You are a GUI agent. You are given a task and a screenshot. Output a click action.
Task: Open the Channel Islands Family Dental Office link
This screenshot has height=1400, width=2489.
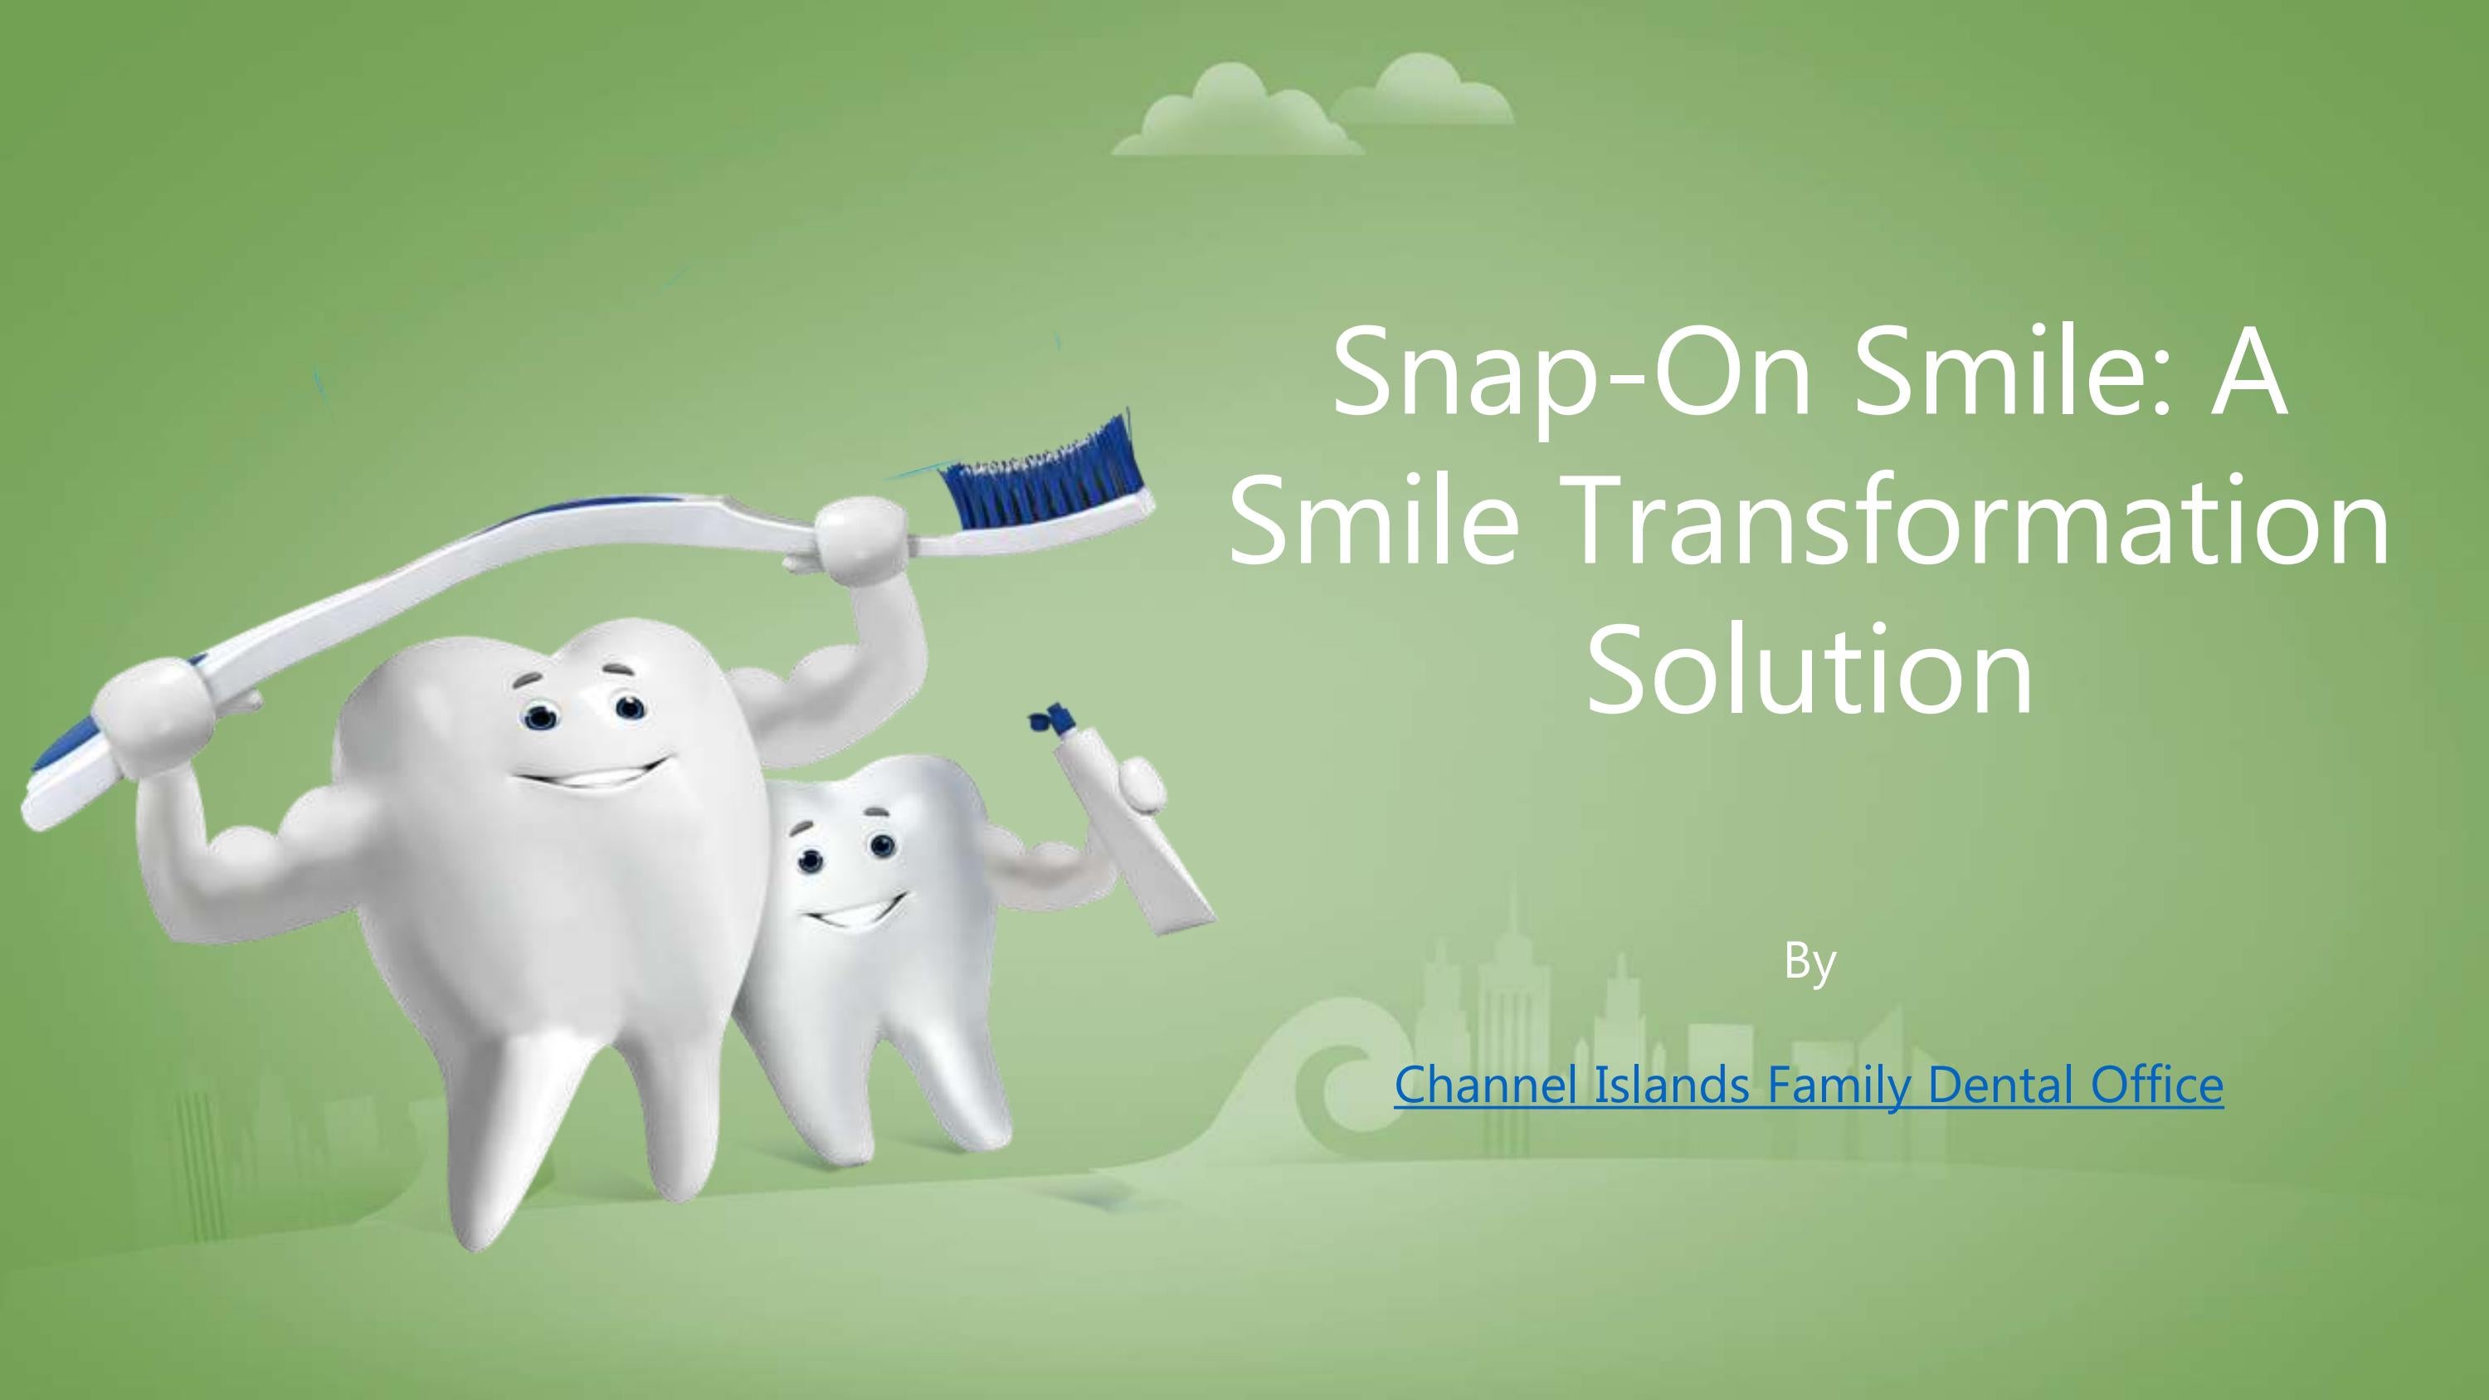click(1809, 1084)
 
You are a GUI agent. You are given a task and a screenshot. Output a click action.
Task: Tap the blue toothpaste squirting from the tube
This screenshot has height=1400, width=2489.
click(1051, 717)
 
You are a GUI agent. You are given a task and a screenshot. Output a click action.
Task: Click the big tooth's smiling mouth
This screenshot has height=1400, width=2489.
click(592, 775)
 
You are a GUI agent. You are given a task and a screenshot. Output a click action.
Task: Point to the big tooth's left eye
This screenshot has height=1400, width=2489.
click(539, 717)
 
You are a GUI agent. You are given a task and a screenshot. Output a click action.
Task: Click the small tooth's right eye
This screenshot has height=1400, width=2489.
click(881, 846)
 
